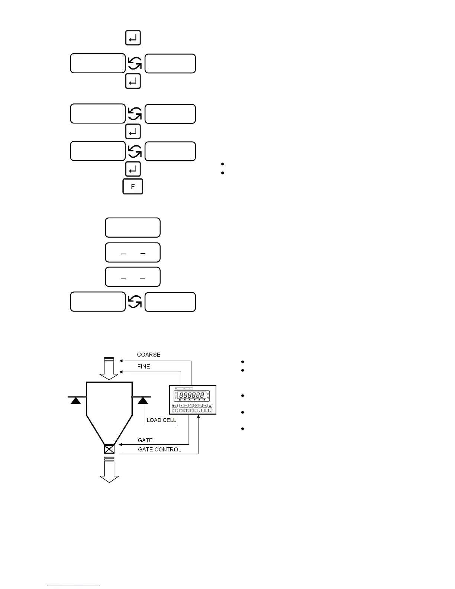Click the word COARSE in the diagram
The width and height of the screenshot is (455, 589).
pyautogui.click(x=149, y=355)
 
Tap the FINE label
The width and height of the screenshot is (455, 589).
pyautogui.click(x=143, y=367)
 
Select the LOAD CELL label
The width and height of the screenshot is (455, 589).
pyautogui.click(x=161, y=420)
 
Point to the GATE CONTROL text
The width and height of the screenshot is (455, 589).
pyautogui.click(x=159, y=450)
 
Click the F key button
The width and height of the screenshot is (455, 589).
pyautogui.click(x=133, y=187)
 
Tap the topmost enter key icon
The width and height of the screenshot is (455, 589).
pyautogui.click(x=133, y=38)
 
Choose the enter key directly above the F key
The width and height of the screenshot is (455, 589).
pyautogui.click(x=133, y=170)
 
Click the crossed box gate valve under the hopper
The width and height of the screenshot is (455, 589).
pyautogui.click(x=109, y=449)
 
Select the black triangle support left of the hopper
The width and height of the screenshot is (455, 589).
pyautogui.click(x=76, y=401)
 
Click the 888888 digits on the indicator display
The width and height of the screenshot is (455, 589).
pyautogui.click(x=192, y=395)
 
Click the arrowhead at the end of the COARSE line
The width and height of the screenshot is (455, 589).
pyautogui.click(x=121, y=360)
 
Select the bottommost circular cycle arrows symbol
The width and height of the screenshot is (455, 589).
pyautogui.click(x=135, y=302)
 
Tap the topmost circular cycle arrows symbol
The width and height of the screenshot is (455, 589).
pyautogui.click(x=135, y=64)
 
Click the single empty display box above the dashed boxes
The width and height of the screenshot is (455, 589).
pyautogui.click(x=133, y=228)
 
